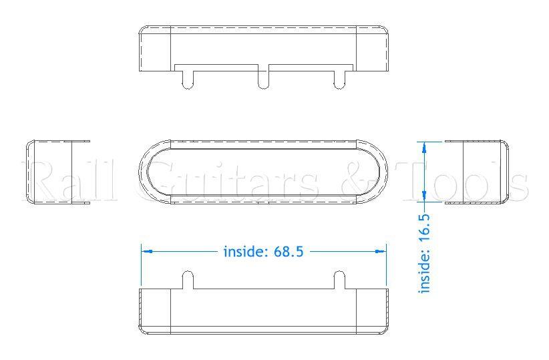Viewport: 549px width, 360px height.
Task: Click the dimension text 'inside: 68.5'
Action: click(x=264, y=252)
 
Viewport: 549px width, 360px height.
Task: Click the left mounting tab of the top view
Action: click(x=188, y=78)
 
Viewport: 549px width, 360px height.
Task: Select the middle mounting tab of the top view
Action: click(x=264, y=78)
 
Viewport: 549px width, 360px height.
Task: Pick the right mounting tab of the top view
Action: click(x=339, y=78)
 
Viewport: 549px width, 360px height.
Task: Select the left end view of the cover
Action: click(x=57, y=172)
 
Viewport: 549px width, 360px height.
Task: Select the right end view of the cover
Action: click(x=475, y=172)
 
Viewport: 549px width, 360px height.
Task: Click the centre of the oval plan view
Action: click(x=264, y=172)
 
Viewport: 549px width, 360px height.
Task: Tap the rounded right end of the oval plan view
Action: click(x=382, y=172)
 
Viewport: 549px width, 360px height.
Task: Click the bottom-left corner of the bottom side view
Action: click(x=142, y=331)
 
